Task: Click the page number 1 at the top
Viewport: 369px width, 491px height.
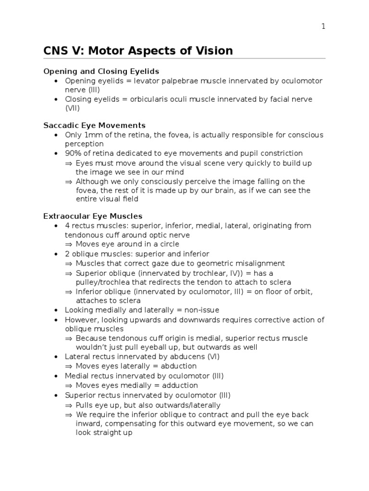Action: [323, 26]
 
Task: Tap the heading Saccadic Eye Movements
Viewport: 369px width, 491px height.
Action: [94, 126]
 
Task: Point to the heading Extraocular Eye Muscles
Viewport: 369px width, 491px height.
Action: [93, 216]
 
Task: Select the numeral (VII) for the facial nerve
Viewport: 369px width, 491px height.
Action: [73, 108]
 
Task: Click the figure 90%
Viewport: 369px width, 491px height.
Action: [74, 153]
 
